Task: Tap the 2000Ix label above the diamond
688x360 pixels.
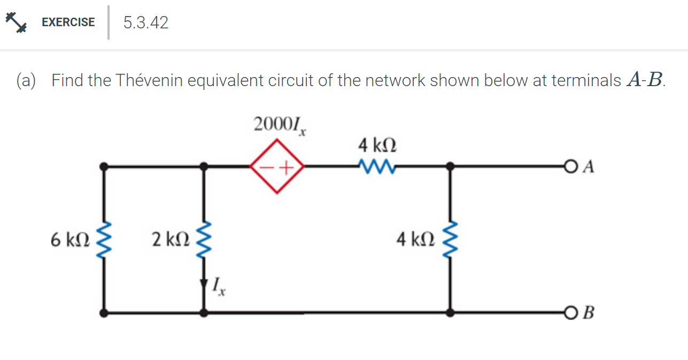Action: [x=279, y=126]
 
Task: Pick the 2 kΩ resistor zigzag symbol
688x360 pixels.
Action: [x=204, y=240]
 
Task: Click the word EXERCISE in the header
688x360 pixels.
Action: [x=68, y=22]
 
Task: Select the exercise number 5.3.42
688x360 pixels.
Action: [x=145, y=22]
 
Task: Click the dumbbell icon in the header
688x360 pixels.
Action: [x=16, y=22]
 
